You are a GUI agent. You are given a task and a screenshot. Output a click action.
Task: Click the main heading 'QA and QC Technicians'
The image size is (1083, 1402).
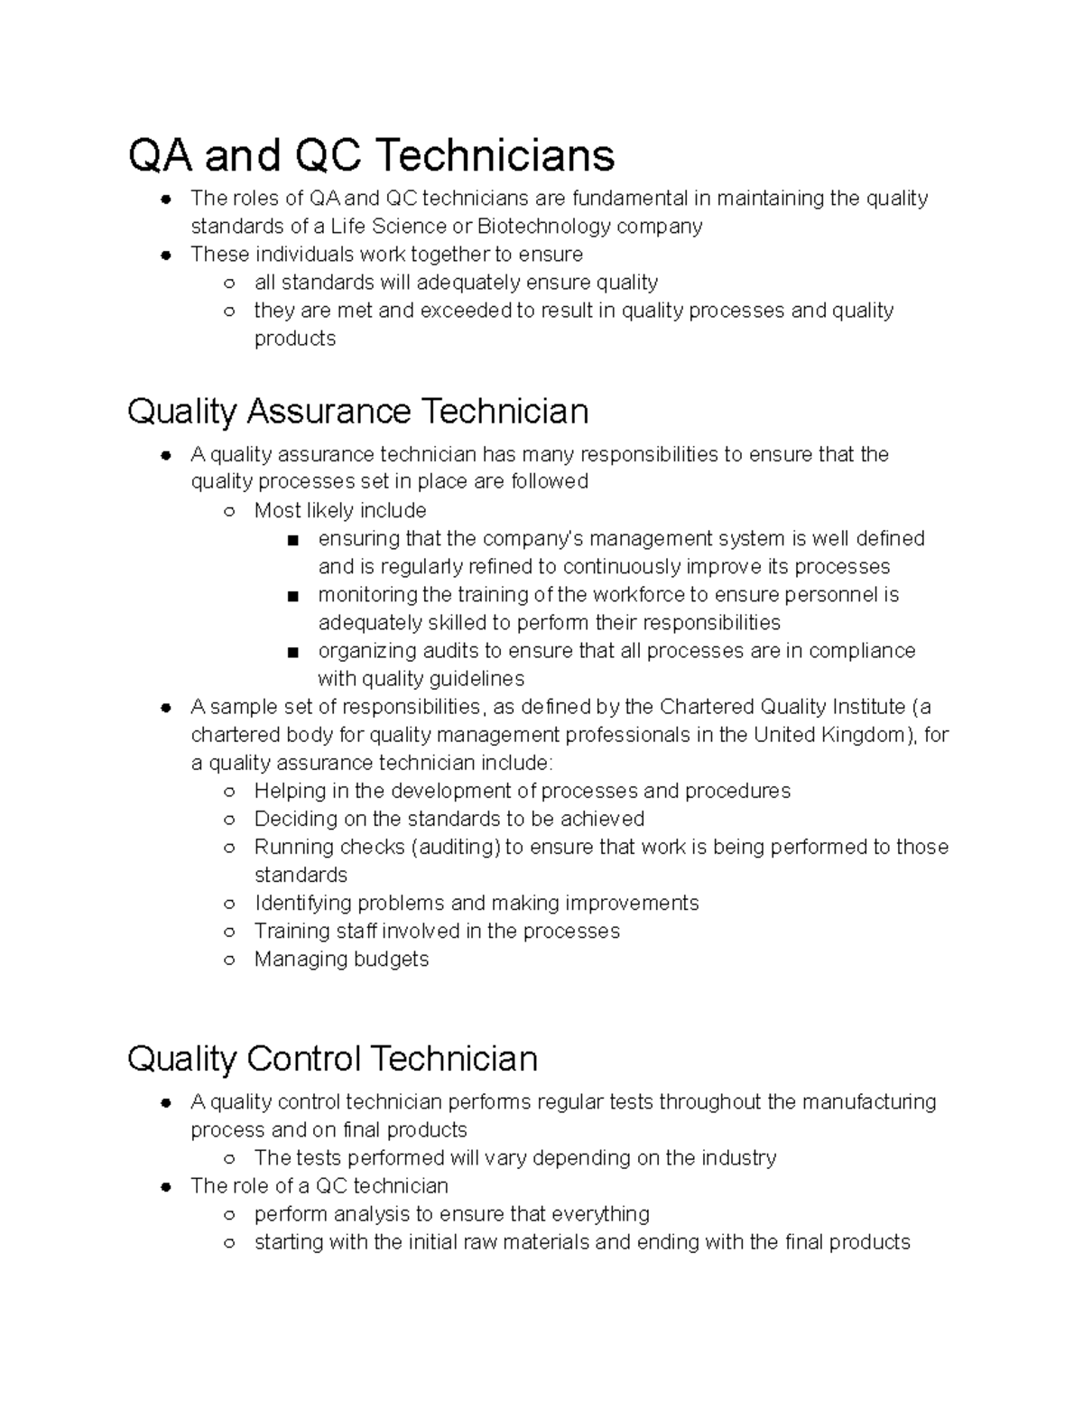point(371,155)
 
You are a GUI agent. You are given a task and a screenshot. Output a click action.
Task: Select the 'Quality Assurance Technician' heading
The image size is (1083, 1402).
point(357,412)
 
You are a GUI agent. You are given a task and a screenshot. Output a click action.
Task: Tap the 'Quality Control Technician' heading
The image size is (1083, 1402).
point(332,1058)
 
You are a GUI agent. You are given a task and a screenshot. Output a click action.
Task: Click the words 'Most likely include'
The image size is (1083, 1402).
point(339,510)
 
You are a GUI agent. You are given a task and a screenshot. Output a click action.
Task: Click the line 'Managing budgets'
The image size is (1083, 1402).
point(341,959)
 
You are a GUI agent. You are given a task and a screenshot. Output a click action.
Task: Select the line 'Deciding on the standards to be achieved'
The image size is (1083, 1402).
point(449,819)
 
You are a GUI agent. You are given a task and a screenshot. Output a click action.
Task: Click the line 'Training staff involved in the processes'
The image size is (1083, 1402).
point(437,931)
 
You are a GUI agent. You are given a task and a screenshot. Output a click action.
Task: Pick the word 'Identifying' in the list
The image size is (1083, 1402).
point(303,903)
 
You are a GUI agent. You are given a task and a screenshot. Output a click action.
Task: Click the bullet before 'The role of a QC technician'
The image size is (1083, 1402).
point(166,1186)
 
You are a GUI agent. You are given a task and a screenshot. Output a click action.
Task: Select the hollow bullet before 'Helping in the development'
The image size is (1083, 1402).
point(229,792)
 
